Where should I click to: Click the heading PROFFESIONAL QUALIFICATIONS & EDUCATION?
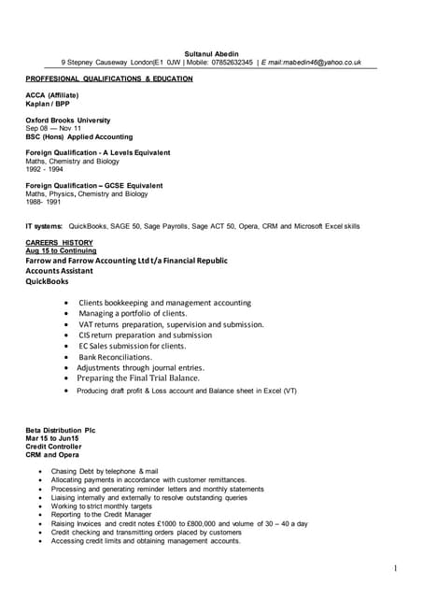tap(109, 79)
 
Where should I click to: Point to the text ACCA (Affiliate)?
tap(52, 95)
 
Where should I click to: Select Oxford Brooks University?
tap(68, 121)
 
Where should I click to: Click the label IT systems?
tap(44, 226)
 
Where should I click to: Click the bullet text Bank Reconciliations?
tap(115, 357)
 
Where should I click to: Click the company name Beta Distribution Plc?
tap(61, 430)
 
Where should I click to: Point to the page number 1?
tap(396, 568)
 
